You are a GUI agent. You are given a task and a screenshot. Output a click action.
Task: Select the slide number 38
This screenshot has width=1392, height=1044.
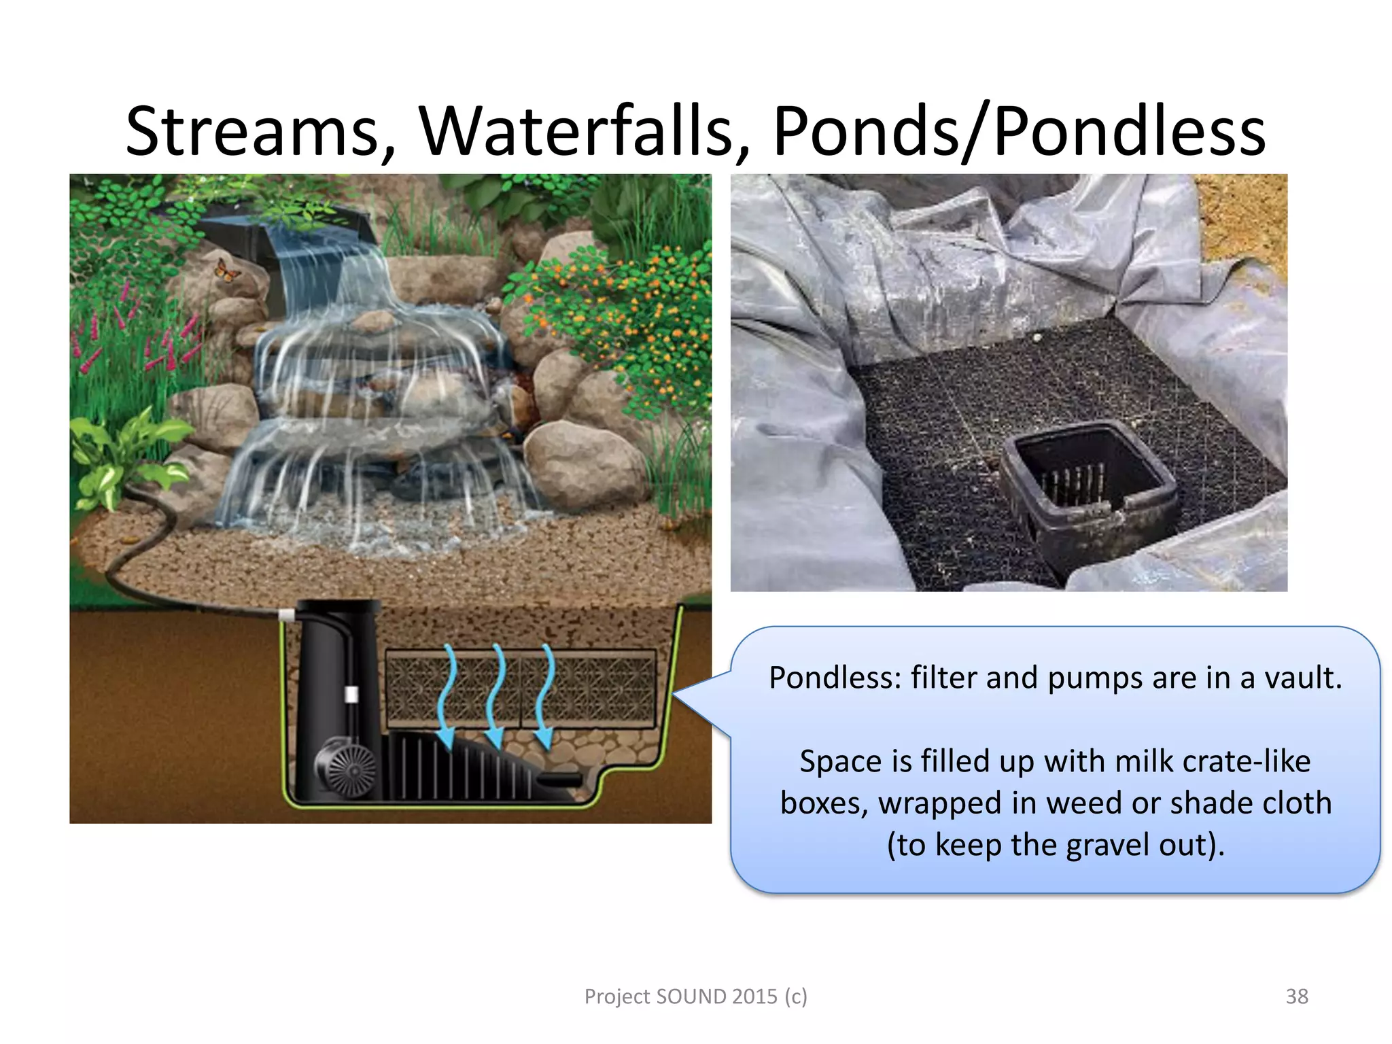pos(1297,996)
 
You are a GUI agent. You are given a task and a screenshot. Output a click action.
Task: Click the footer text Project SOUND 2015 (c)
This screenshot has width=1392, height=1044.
pos(695,996)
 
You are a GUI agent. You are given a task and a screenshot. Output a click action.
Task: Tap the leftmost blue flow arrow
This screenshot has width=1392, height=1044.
pos(446,697)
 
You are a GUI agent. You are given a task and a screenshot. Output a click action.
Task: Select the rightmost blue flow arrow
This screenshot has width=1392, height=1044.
pos(544,697)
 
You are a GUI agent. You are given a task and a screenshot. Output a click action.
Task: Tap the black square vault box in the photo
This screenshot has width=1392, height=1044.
pos(1087,483)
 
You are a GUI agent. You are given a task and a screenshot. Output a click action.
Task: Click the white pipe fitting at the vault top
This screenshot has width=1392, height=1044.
pos(287,615)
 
